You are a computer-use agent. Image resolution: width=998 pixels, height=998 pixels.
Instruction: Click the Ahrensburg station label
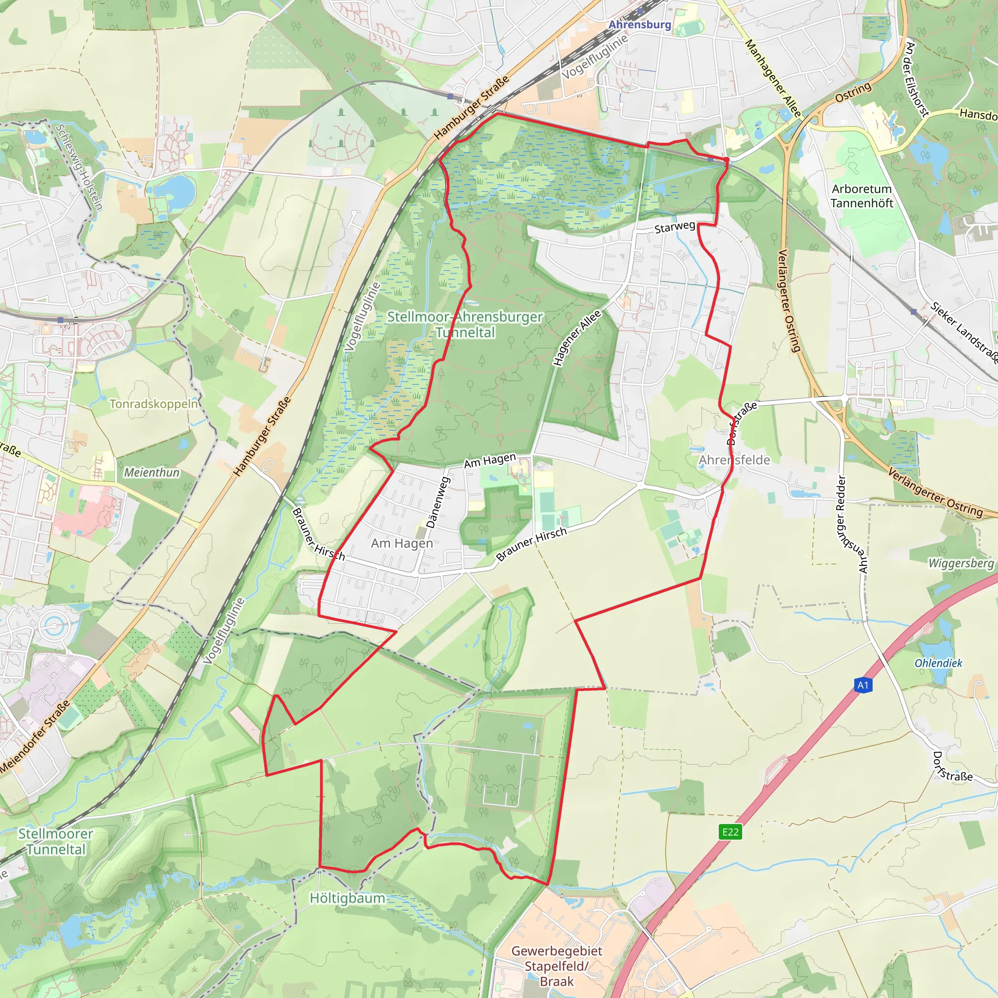[x=639, y=24]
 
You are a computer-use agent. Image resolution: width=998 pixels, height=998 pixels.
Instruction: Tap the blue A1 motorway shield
[x=863, y=685]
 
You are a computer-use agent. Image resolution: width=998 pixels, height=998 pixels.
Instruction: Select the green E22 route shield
[x=730, y=832]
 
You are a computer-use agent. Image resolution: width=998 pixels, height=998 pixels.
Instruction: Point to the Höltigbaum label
[x=347, y=898]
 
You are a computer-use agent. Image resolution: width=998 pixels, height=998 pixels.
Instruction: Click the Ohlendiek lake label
[x=938, y=663]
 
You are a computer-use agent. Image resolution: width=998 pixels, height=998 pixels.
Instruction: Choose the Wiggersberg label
[x=961, y=563]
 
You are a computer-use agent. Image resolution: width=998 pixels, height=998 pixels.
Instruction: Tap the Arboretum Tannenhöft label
[x=862, y=196]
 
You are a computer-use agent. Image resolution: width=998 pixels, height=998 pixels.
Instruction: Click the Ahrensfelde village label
[x=734, y=460]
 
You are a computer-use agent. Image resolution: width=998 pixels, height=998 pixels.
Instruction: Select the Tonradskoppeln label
[x=154, y=403]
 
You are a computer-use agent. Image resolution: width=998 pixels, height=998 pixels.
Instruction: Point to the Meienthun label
[x=152, y=472]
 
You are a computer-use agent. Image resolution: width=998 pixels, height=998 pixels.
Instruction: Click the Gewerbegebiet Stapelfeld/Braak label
[x=557, y=966]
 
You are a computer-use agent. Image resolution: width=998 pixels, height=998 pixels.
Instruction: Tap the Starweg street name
[x=674, y=227]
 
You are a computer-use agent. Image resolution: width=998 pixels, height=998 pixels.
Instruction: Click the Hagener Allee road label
[x=577, y=338]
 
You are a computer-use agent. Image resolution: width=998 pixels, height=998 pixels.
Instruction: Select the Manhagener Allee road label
[x=772, y=78]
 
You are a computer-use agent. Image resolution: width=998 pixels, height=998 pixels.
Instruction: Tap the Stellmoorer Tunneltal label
[x=56, y=841]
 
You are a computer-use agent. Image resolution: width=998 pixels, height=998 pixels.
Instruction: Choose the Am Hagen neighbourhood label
[x=402, y=543]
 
